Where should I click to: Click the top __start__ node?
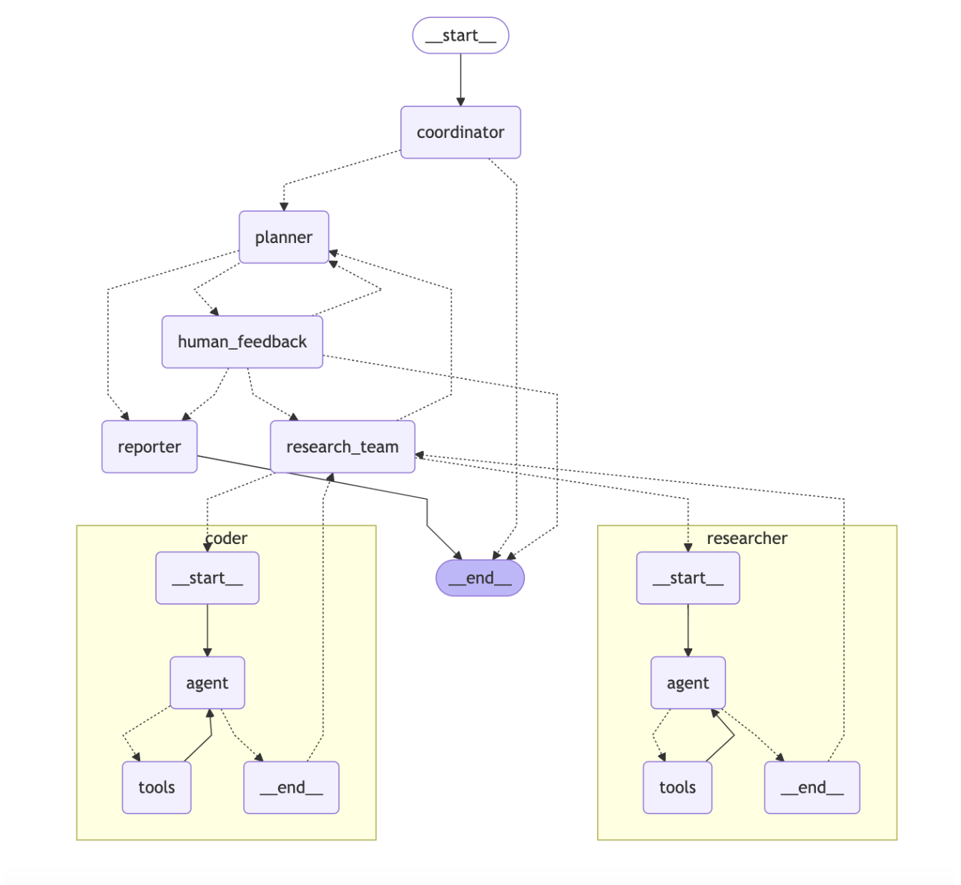pyautogui.click(x=460, y=36)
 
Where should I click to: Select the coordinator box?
pyautogui.click(x=460, y=132)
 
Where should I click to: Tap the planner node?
pyautogui.click(x=284, y=237)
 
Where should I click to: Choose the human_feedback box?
pyautogui.click(x=242, y=342)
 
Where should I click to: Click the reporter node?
pyautogui.click(x=149, y=447)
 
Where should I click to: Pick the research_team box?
pyautogui.click(x=342, y=447)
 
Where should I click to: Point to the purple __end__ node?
pyautogui.click(x=480, y=578)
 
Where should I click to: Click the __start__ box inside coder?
pyautogui.click(x=207, y=578)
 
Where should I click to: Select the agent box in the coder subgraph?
pyautogui.click(x=207, y=683)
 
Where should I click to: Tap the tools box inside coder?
pyautogui.click(x=157, y=787)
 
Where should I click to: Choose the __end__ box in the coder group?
pyautogui.click(x=291, y=787)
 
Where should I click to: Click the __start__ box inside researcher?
pyautogui.click(x=688, y=578)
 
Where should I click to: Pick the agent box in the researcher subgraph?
pyautogui.click(x=688, y=683)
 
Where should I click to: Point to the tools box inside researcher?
pyautogui.click(x=677, y=787)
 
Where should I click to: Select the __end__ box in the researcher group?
pyautogui.click(x=812, y=787)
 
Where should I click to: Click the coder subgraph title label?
pyautogui.click(x=227, y=538)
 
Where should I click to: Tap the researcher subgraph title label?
pyautogui.click(x=746, y=538)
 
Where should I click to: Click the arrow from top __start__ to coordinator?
pyautogui.click(x=460, y=79)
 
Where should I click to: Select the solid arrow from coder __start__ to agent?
pyautogui.click(x=207, y=630)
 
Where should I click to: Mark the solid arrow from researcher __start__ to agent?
pyautogui.click(x=688, y=630)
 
